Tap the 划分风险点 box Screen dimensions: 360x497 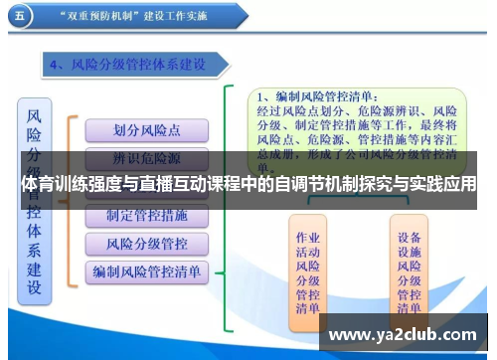pos(146,129)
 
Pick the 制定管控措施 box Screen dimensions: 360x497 pos(146,216)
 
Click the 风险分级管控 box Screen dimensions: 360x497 pos(146,243)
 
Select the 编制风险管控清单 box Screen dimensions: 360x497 pos(146,270)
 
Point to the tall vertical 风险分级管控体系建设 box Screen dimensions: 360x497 pos(35,199)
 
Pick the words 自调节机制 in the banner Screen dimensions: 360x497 pos(299,185)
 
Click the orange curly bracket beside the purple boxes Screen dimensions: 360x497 pos(72,199)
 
